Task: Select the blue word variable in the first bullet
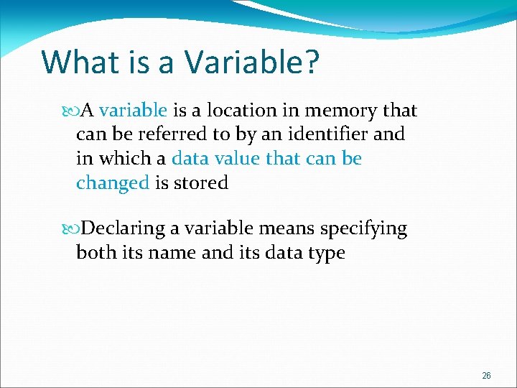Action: point(133,111)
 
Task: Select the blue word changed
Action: point(112,183)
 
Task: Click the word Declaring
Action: point(123,229)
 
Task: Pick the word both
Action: point(97,253)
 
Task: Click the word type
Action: point(325,254)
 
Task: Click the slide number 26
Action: point(486,376)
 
